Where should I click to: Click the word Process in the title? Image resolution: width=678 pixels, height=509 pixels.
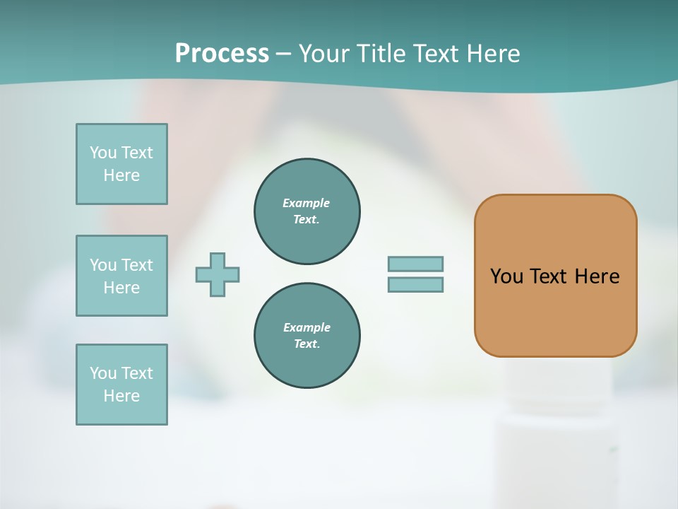222,53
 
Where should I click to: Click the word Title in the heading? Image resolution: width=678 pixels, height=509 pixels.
381,53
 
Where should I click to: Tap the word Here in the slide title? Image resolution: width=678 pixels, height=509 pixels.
492,53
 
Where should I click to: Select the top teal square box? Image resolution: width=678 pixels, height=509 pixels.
121,164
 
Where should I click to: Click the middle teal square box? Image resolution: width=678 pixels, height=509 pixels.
121,276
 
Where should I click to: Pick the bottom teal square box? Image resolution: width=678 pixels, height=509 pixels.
121,385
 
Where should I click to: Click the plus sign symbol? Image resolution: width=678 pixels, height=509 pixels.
218,274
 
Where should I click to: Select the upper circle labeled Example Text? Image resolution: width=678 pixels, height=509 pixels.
307,211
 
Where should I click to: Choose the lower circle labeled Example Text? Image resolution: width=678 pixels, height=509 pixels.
307,336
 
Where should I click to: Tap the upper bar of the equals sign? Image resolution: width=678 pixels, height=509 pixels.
415,264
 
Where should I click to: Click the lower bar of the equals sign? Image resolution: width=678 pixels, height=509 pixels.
415,285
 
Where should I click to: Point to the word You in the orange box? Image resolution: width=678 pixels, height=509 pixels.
506,276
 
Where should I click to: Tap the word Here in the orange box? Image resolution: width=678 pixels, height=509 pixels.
597,276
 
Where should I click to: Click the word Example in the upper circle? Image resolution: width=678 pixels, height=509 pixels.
307,203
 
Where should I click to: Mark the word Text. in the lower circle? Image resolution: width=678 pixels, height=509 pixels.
307,344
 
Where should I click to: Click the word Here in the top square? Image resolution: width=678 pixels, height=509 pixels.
121,175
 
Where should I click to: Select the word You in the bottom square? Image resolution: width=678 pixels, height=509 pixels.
103,373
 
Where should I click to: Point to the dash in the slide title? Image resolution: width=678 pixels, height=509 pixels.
283,54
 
